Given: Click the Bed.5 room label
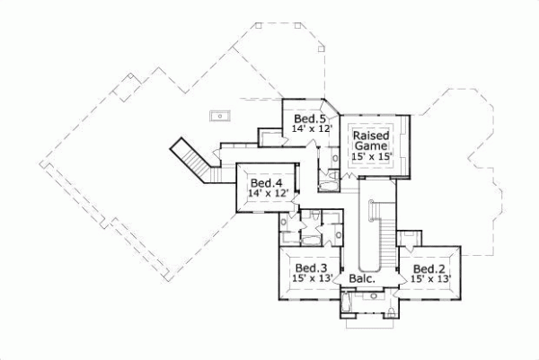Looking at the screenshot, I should (x=308, y=119).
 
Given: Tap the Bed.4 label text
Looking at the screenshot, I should (x=266, y=180).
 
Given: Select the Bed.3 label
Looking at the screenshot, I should (x=310, y=268).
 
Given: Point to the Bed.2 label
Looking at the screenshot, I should (x=429, y=268).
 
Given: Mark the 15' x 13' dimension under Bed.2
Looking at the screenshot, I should (x=429, y=279).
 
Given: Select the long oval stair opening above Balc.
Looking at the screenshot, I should (x=367, y=236).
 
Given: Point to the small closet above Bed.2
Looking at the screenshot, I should (x=409, y=237).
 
